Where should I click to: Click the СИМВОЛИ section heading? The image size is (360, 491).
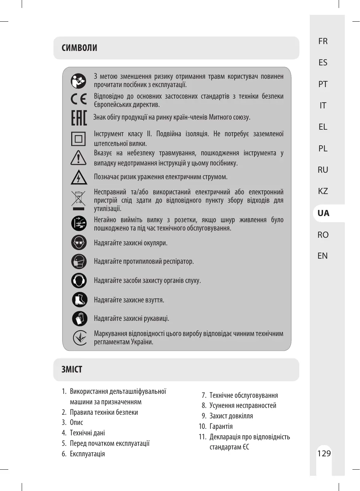point(80,48)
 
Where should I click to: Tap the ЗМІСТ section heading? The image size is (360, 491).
point(72,370)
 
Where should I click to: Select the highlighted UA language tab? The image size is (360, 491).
point(323,213)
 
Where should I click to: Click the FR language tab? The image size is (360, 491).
point(323,41)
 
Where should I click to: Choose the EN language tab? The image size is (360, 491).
point(322,256)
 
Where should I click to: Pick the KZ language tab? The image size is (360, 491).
point(323,191)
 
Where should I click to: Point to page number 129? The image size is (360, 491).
point(324,453)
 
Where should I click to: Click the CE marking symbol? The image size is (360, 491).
point(78,99)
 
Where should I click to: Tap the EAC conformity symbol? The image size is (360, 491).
point(79,118)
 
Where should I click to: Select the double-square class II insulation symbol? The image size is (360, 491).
point(78,139)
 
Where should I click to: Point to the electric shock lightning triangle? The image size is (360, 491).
point(78,177)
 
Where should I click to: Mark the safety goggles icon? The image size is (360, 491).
point(79,242)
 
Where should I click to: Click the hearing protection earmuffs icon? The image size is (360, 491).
point(79,280)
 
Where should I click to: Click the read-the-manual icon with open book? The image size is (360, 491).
point(78,81)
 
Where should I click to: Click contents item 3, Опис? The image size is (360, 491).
point(76,422)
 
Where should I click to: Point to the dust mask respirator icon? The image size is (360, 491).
point(79,261)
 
